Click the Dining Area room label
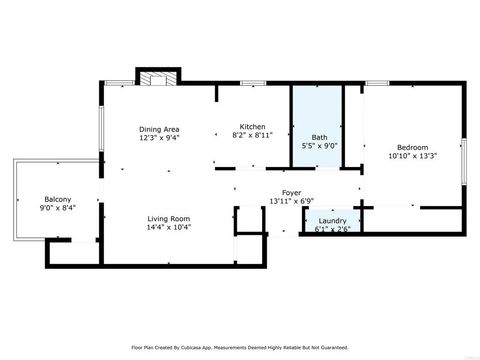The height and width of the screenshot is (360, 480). [x=158, y=128]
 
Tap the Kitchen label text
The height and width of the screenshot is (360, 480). [x=252, y=126]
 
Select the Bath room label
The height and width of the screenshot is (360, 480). [x=319, y=137]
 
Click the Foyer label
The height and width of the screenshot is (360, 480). [x=290, y=193]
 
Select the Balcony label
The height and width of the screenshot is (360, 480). [x=55, y=198]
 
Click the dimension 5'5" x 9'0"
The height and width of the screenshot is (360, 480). [x=319, y=145]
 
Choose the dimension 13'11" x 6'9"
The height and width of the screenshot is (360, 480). [x=290, y=201]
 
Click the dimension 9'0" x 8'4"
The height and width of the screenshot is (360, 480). [x=55, y=207]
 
